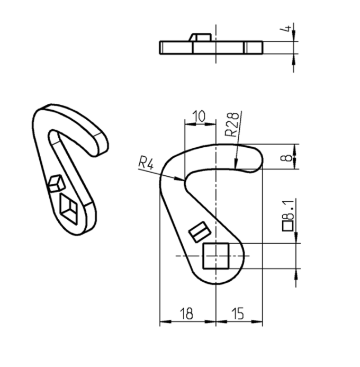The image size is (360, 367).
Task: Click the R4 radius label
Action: tap(146, 163)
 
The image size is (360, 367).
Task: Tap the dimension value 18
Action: tap(186, 314)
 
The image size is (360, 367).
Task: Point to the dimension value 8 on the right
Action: tap(287, 157)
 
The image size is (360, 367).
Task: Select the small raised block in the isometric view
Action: tap(55, 183)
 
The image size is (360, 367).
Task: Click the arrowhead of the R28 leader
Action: tap(236, 166)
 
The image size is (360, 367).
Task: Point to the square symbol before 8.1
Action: tap(287, 226)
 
